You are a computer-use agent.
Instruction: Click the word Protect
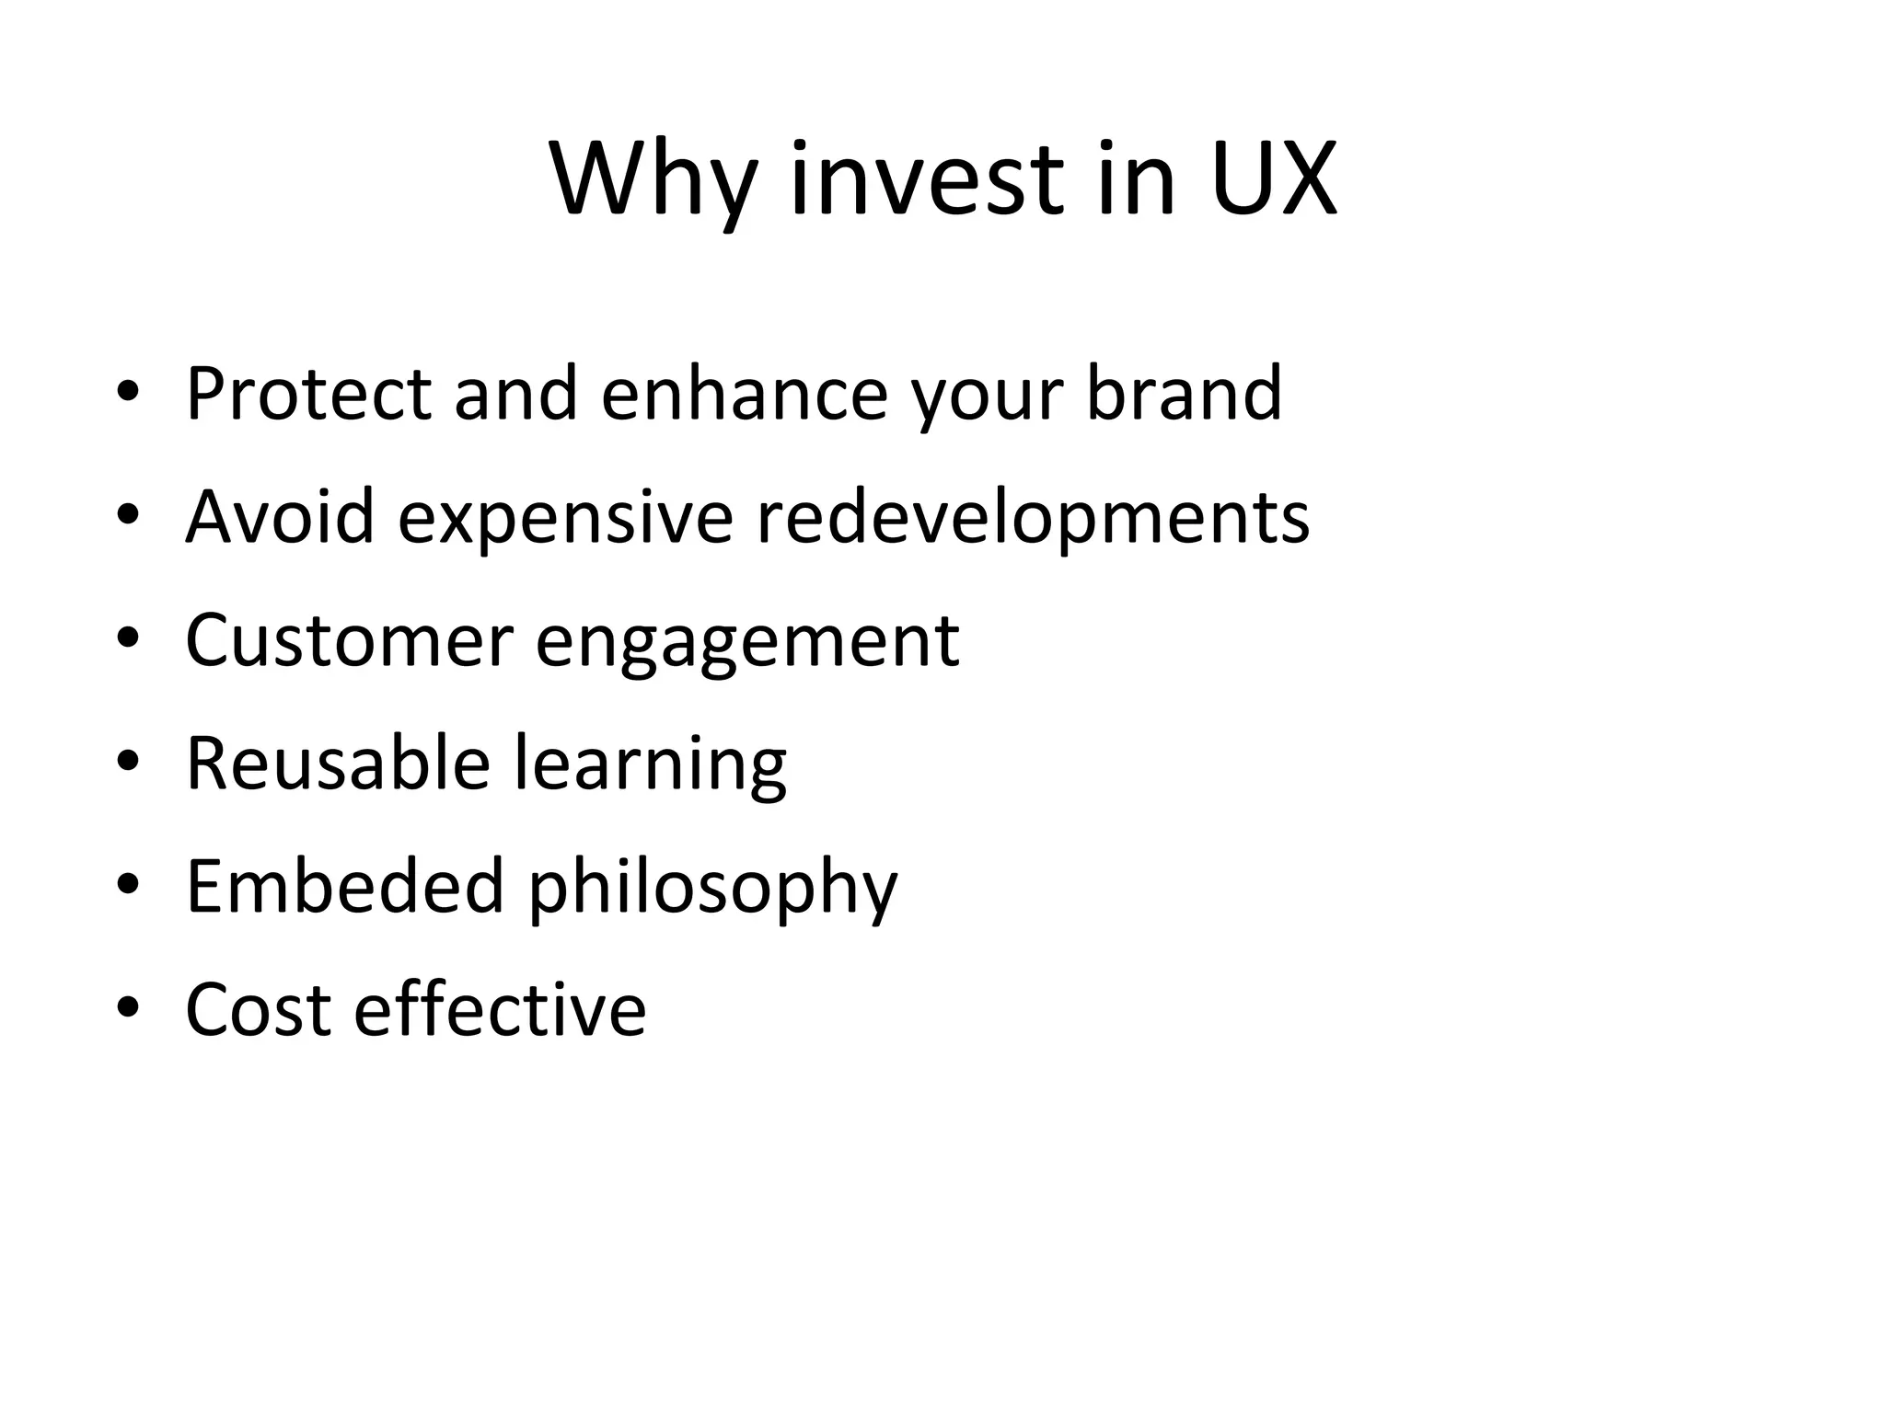[x=308, y=394]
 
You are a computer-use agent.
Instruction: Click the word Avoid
[x=280, y=517]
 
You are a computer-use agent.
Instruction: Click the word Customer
[x=349, y=640]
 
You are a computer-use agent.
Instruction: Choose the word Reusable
[x=338, y=764]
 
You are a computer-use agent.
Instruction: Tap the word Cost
[x=258, y=1010]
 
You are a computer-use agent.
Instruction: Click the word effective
[x=500, y=1010]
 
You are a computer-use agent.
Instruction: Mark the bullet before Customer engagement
[x=128, y=638]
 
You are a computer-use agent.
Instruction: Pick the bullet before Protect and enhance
[x=128, y=392]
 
